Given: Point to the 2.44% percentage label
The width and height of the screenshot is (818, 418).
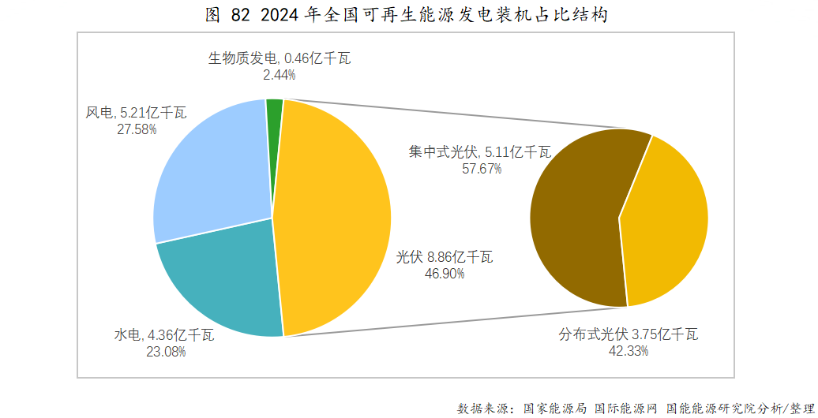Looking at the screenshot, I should (x=280, y=75).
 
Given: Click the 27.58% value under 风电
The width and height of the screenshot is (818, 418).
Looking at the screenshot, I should (x=137, y=129).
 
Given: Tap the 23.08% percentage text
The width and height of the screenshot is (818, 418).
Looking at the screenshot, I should (x=166, y=352).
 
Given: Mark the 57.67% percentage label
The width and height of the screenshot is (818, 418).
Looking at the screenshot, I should (x=482, y=168).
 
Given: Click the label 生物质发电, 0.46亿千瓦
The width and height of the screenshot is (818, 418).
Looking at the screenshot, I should (x=279, y=58).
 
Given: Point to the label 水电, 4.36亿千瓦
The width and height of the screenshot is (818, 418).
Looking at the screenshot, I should (x=164, y=335).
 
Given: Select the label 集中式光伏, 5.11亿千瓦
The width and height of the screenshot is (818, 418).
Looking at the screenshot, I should (x=480, y=152).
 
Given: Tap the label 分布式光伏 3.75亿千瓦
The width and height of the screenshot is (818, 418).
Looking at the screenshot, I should (x=629, y=334).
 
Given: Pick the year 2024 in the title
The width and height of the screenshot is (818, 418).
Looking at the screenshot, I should (x=276, y=15).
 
